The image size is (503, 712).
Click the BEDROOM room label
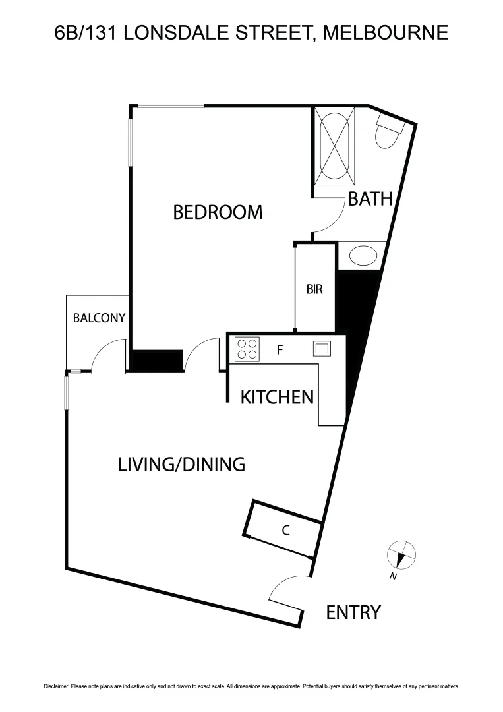tap(218, 212)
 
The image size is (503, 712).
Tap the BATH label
tap(370, 199)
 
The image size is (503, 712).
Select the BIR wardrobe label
tap(314, 289)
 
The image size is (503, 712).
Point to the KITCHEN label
tap(276, 397)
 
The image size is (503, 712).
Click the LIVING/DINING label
tap(181, 464)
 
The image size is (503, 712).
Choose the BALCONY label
tap(99, 318)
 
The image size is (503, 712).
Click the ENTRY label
tap(353, 612)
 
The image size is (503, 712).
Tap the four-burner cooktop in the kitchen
tap(247, 349)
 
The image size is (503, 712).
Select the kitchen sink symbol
tap(322, 348)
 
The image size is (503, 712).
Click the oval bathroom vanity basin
tap(361, 256)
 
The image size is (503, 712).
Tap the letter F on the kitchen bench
tap(280, 350)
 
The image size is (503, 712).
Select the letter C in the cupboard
tap(286, 529)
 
